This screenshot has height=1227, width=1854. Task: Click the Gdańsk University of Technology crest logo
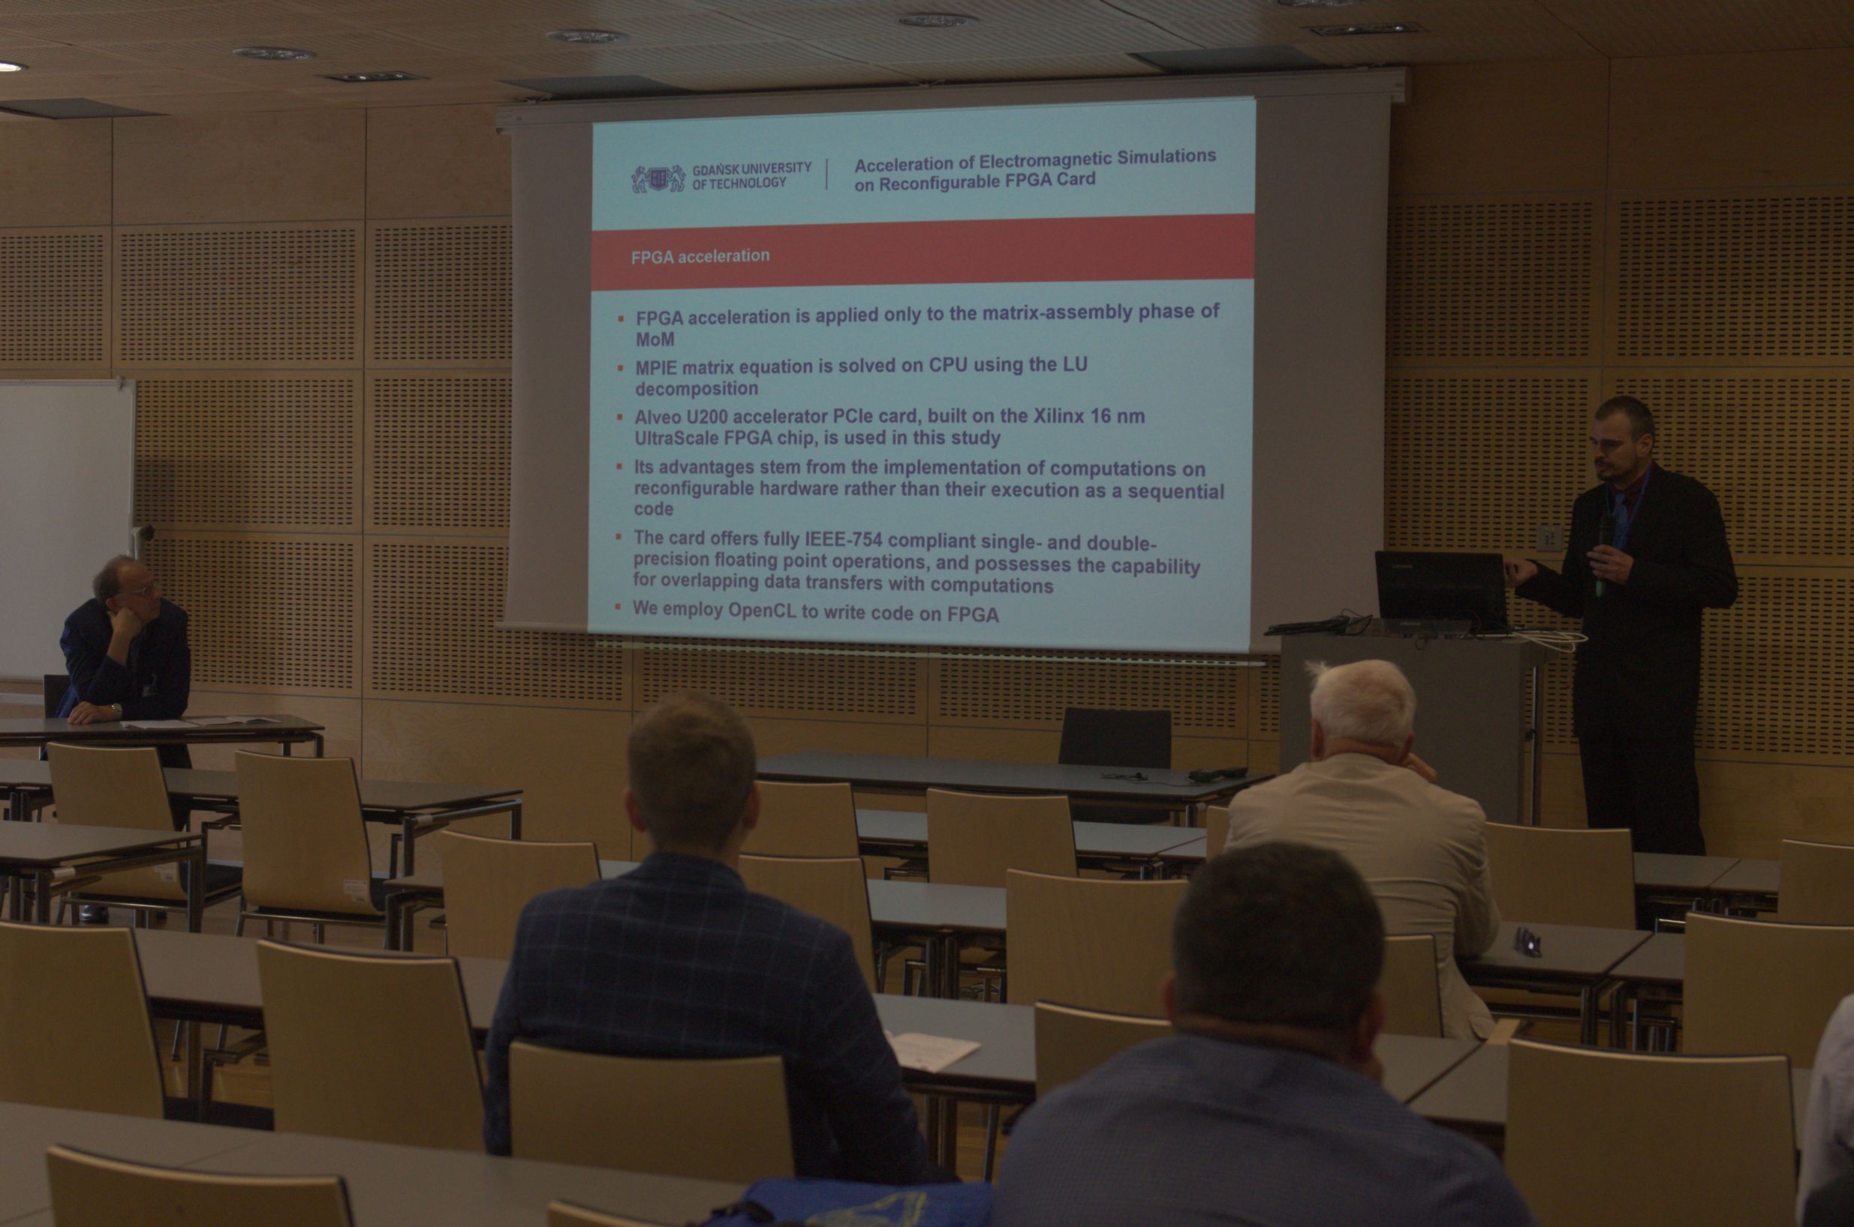click(x=658, y=179)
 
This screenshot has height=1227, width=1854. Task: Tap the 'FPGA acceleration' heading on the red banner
click(x=700, y=256)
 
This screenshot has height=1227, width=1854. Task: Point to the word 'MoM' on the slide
click(x=655, y=340)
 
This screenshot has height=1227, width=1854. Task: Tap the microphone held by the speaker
click(x=1604, y=552)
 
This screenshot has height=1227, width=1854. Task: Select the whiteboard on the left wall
click(x=66, y=528)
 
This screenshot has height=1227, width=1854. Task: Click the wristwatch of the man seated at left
click(x=116, y=710)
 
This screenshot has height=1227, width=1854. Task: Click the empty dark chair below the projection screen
click(x=1115, y=739)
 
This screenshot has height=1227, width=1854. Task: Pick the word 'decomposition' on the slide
click(x=696, y=388)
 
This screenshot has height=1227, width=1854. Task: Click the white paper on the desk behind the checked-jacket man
click(x=934, y=1049)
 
